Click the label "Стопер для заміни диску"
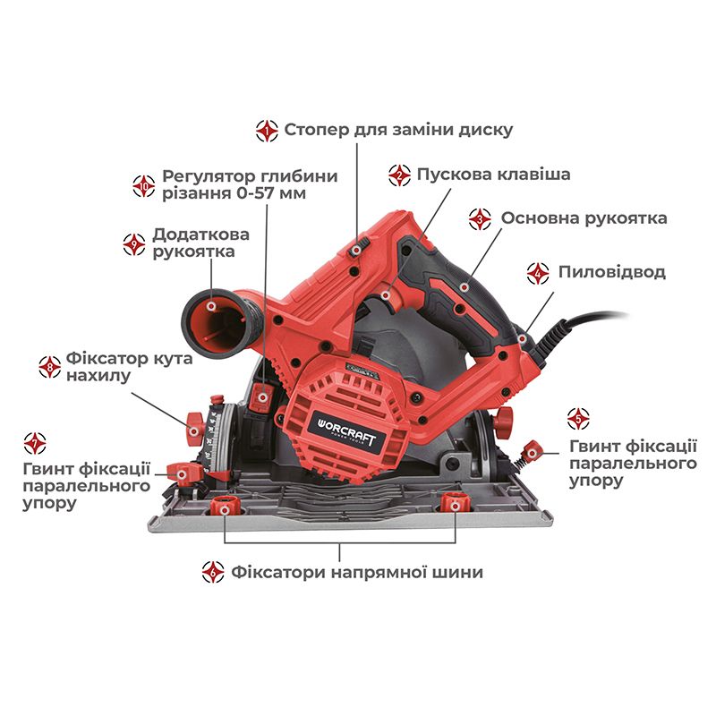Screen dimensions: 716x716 coord(398,130)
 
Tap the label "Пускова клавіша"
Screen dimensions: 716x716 coord(492,175)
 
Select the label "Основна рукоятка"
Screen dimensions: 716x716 coord(584,218)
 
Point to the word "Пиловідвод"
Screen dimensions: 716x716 coord(611,272)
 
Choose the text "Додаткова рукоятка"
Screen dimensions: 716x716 coord(200,243)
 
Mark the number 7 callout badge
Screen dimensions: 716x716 coord(36,442)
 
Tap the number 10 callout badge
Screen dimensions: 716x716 coord(143,184)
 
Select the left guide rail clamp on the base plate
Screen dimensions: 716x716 coord(221,507)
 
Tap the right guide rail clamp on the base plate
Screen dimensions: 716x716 coord(455,506)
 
